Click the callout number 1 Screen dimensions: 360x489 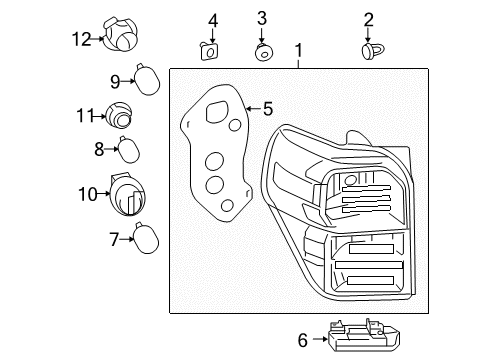tap(297, 50)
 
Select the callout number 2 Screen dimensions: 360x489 tap(369, 19)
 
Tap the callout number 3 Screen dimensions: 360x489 tap(262, 18)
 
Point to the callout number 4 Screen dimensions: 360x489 tap(212, 20)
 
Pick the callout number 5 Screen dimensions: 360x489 tap(267, 108)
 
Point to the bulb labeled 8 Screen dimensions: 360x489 tap(125, 151)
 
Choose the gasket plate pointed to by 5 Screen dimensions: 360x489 tap(213, 160)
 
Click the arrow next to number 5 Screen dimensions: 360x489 tap(251, 108)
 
